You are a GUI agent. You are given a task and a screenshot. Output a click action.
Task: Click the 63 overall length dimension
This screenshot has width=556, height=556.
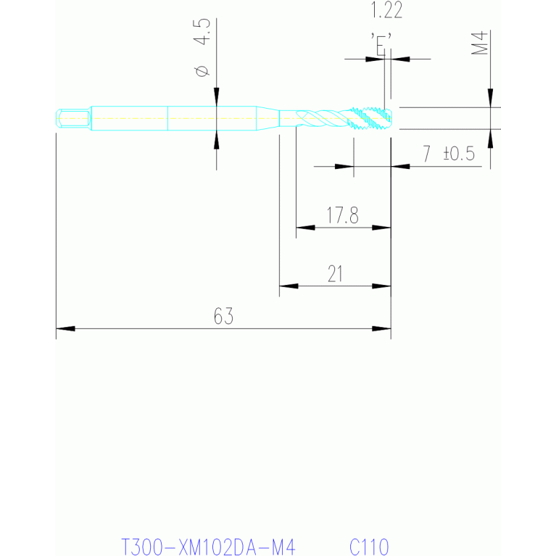click(223, 316)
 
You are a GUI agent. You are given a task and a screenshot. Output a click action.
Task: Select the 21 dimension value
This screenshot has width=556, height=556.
click(335, 274)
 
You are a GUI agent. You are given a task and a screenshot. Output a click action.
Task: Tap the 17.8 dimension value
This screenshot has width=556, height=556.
click(342, 215)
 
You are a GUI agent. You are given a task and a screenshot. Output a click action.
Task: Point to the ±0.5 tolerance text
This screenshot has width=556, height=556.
click(459, 154)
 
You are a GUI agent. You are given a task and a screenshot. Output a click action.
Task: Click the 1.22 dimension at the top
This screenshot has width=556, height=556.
click(386, 10)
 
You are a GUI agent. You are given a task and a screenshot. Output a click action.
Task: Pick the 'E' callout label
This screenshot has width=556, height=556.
click(381, 44)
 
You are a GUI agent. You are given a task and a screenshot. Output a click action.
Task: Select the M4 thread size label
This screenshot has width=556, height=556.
click(479, 43)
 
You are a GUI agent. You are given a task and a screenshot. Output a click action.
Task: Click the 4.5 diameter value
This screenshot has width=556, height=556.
click(202, 32)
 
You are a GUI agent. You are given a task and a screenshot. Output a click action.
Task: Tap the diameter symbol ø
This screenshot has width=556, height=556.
click(202, 71)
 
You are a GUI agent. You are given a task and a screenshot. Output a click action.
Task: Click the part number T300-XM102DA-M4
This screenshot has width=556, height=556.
click(208, 547)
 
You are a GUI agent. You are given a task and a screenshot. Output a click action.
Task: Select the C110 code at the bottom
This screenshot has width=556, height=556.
click(369, 547)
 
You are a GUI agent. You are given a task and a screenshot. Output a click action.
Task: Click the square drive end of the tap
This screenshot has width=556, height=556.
click(73, 118)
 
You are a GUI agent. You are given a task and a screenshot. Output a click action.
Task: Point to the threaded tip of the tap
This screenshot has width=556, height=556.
click(371, 118)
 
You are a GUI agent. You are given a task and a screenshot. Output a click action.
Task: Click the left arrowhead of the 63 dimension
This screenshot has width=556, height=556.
click(65, 328)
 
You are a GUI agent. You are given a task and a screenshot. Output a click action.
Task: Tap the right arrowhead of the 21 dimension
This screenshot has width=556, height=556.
click(381, 286)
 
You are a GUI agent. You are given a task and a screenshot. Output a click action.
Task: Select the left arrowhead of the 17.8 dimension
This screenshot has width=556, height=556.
click(305, 228)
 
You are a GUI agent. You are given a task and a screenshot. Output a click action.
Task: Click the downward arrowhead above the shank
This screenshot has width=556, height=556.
click(216, 97)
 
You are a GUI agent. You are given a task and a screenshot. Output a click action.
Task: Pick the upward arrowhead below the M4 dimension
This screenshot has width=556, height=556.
click(491, 138)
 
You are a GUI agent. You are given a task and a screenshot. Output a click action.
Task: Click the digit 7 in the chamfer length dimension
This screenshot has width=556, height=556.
click(426, 154)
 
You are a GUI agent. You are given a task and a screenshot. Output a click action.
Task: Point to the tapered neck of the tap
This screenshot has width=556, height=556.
click(267, 118)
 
